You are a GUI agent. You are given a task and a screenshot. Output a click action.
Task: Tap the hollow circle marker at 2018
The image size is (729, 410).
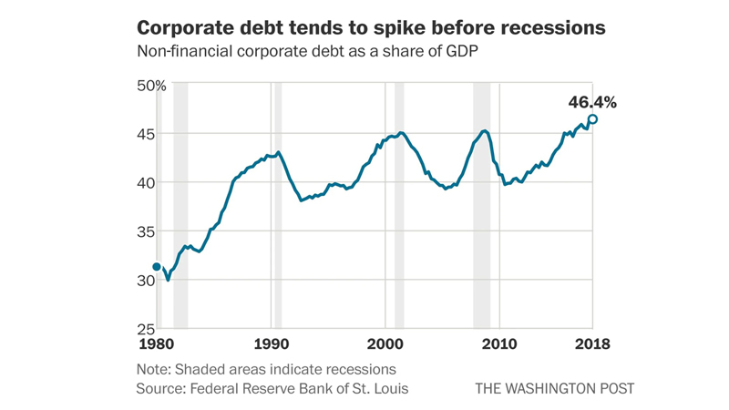click(x=592, y=118)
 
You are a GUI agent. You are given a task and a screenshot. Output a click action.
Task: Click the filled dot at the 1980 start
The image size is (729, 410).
click(x=157, y=267)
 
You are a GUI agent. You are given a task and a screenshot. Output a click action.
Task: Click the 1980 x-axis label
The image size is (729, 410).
click(x=157, y=344)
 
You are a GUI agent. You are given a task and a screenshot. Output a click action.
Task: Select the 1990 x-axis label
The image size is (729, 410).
click(x=271, y=344)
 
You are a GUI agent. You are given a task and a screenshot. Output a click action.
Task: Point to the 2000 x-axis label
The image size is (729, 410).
click(x=385, y=344)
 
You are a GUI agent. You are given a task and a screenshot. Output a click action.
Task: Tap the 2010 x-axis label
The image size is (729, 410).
click(x=499, y=344)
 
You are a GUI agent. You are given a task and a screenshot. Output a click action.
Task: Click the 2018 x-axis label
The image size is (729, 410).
click(x=590, y=344)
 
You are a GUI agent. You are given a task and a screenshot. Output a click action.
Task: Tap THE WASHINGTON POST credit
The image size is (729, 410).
click(x=554, y=389)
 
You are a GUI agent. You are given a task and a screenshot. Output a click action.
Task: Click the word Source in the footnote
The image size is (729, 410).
click(x=159, y=389)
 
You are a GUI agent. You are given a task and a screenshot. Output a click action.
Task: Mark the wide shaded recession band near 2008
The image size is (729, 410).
click(x=481, y=205)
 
